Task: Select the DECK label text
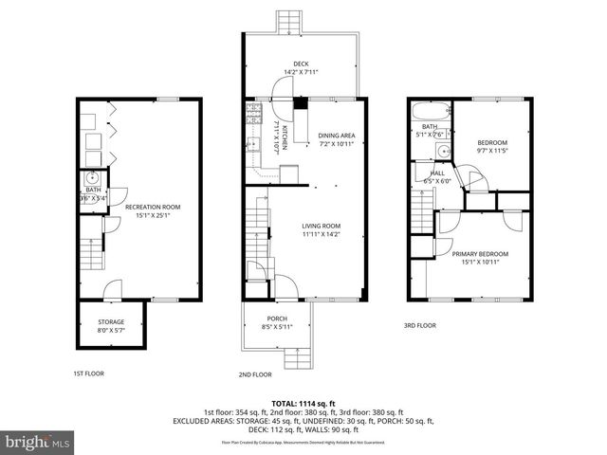(x=301, y=64)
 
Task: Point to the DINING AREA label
(x=336, y=136)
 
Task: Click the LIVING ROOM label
(x=321, y=226)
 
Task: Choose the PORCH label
(x=277, y=318)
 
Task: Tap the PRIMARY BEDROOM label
(x=479, y=254)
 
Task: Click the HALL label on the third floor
(x=437, y=173)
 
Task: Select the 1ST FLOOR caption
(x=88, y=373)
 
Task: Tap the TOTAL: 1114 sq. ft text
(x=303, y=403)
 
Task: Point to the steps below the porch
(x=299, y=356)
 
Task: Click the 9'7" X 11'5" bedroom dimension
(x=491, y=150)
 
